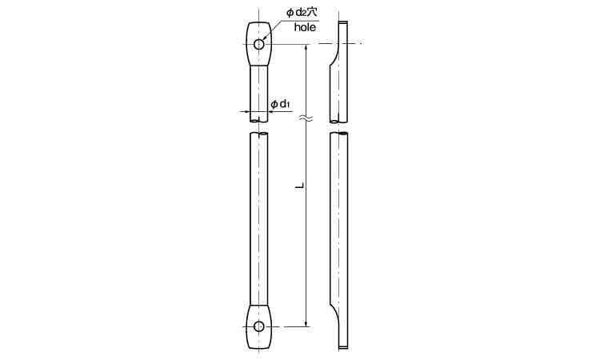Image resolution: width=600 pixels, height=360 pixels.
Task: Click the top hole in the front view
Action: click(x=258, y=43)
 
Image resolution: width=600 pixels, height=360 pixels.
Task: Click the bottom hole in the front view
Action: click(x=258, y=326)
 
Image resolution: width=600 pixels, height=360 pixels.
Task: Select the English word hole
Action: click(x=305, y=27)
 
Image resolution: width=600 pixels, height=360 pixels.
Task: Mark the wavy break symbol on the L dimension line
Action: click(x=305, y=120)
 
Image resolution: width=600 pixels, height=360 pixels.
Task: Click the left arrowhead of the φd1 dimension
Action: click(x=247, y=111)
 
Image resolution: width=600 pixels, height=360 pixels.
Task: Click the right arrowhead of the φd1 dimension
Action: click(x=270, y=111)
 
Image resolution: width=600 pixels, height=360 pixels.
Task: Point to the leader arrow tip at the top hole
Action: click(x=264, y=39)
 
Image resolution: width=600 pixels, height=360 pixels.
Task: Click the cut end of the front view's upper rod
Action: click(x=258, y=120)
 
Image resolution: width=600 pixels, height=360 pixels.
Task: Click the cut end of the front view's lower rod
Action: click(x=258, y=137)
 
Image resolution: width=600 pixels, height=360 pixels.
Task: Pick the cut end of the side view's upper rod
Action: click(x=339, y=122)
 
